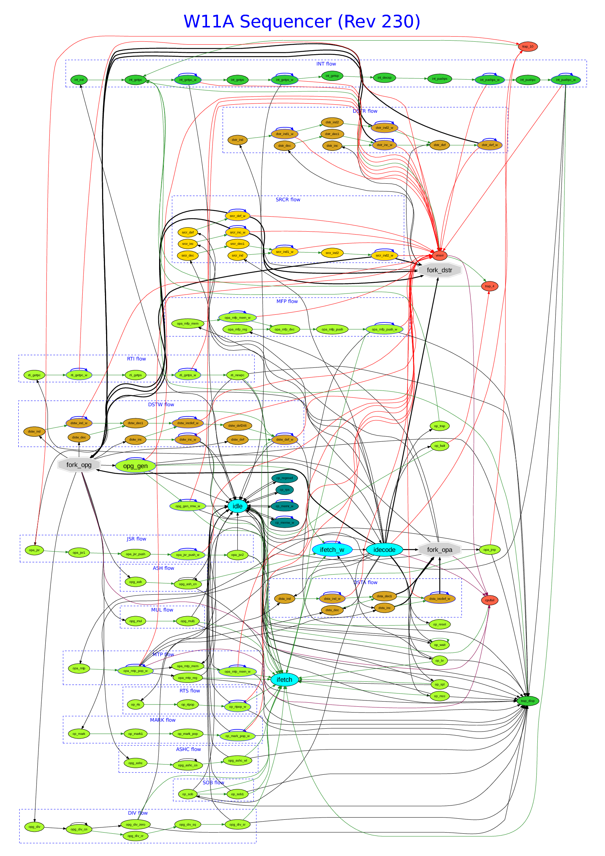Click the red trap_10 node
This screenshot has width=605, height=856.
point(527,46)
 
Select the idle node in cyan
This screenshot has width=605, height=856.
point(237,506)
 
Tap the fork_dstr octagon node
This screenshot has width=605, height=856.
point(439,270)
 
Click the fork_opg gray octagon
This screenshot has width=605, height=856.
point(79,464)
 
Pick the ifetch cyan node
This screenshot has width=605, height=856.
point(284,679)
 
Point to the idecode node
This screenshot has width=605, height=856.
point(384,550)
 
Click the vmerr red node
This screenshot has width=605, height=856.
point(439,255)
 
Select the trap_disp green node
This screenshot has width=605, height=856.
point(527,700)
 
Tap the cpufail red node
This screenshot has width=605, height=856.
point(489,600)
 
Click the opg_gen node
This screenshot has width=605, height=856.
point(135,466)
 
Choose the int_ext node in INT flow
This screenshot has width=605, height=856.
point(79,80)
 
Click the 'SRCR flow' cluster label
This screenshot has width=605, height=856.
point(288,199)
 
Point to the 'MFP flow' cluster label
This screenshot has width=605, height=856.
point(287,301)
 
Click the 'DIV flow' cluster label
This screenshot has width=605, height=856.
point(138,813)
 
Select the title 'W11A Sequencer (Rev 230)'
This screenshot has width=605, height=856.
point(302,21)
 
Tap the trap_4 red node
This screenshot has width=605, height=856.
point(489,286)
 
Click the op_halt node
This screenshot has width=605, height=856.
point(440,445)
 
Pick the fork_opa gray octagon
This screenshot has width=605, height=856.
point(440,550)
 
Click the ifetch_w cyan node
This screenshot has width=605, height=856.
point(332,550)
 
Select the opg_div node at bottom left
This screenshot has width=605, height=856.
point(34,827)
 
